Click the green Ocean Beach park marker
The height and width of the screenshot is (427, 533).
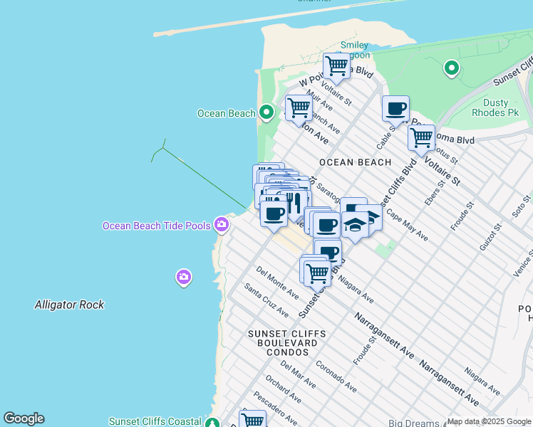(x=266, y=112)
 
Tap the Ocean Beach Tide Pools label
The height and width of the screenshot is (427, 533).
(x=156, y=226)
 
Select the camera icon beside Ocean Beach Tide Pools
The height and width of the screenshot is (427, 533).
(x=222, y=225)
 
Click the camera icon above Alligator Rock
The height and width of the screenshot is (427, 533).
(x=184, y=276)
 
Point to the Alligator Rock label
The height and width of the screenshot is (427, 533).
(x=69, y=305)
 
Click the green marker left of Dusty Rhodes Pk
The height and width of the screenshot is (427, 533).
(x=450, y=68)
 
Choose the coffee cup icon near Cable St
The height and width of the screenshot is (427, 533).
(x=395, y=109)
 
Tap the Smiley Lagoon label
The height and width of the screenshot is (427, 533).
(x=354, y=50)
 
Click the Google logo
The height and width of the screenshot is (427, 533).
(x=24, y=418)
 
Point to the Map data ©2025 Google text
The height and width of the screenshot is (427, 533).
(x=489, y=421)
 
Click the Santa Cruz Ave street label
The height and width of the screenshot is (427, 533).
(x=266, y=300)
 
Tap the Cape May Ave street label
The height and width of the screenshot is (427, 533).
(x=407, y=225)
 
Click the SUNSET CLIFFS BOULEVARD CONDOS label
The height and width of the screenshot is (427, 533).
(x=286, y=342)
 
